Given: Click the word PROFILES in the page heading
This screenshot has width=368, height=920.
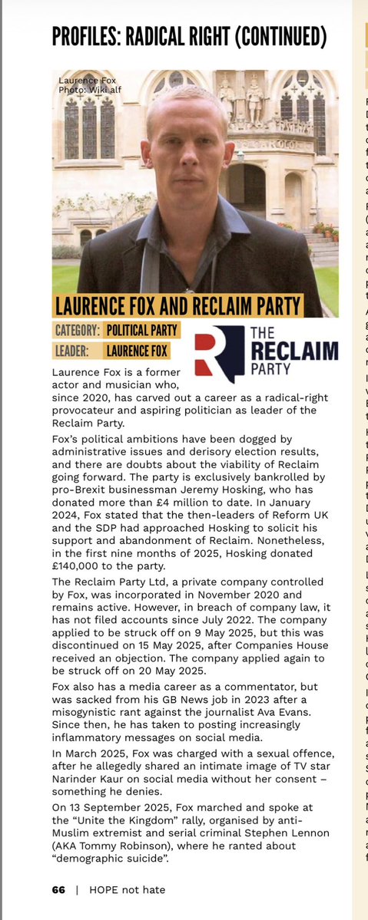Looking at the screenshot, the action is pos(91,35).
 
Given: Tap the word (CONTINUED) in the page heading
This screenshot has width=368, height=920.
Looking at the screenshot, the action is pos(277,35).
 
